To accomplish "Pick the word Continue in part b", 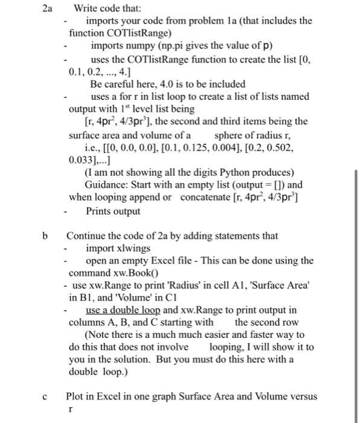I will pyautogui.click(x=85, y=236).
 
